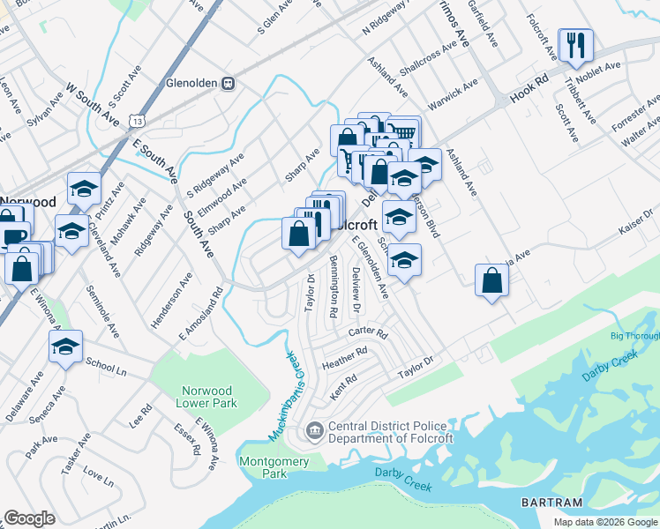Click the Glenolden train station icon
click(229, 83)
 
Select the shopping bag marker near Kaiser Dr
click(491, 282)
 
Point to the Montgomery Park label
click(274, 466)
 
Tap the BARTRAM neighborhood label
click(553, 503)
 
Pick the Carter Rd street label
click(367, 333)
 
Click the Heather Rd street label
click(344, 358)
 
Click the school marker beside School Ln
click(65, 347)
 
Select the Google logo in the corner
click(29, 518)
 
